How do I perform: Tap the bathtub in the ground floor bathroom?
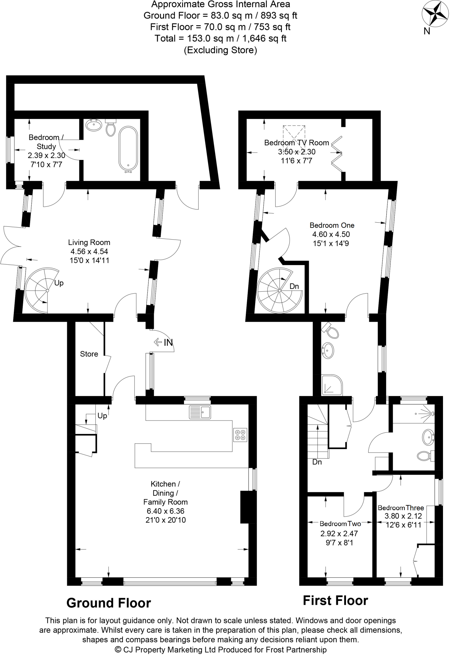(128, 149)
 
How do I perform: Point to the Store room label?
(89, 354)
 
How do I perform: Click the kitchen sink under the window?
(199, 412)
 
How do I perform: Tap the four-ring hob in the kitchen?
(240, 435)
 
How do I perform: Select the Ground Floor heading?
(108, 603)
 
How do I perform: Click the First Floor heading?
(335, 601)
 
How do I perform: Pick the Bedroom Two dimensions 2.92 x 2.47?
(339, 533)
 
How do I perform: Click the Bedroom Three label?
(401, 508)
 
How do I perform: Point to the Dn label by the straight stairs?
(317, 462)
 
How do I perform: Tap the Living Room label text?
(89, 242)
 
